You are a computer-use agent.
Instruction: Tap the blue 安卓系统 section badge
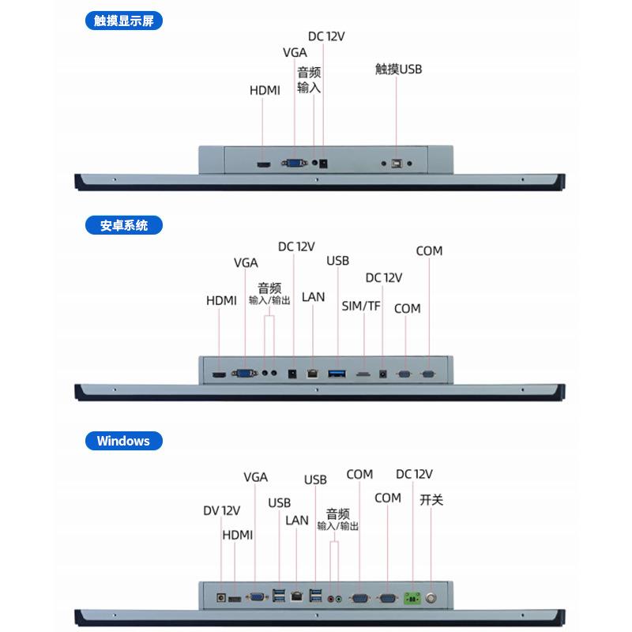click(x=123, y=225)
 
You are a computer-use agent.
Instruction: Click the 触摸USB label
click(x=398, y=70)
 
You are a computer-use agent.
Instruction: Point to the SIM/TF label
click(x=361, y=306)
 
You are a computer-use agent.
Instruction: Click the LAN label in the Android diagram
click(x=313, y=297)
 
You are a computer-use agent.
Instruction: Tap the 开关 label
click(x=431, y=500)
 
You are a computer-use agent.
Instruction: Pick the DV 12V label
click(x=221, y=511)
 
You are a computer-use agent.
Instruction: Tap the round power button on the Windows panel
click(x=432, y=598)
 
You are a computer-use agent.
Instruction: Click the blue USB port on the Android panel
click(x=337, y=371)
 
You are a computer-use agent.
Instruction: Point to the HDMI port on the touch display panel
click(x=263, y=164)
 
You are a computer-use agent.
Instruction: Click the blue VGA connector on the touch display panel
click(x=294, y=164)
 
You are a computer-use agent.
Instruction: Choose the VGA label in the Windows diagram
click(x=255, y=477)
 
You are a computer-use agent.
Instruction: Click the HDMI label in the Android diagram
click(x=221, y=301)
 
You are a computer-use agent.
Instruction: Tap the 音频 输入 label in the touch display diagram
click(x=309, y=80)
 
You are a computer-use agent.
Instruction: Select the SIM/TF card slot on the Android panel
click(x=364, y=372)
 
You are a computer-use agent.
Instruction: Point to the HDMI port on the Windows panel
click(x=235, y=599)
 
